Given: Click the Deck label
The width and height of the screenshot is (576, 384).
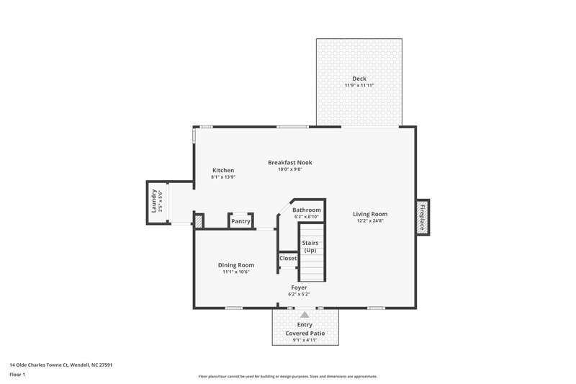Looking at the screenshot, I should tap(359, 79).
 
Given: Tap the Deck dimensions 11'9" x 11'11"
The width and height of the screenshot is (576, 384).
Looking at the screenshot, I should tap(359, 86).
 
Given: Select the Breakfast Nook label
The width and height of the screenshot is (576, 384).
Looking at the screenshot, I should tap(289, 162).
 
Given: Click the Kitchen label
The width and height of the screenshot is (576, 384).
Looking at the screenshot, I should tap(222, 170).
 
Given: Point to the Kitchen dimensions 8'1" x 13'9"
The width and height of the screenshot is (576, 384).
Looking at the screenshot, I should tap(222, 177).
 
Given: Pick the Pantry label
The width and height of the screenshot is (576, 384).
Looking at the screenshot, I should tap(240, 221).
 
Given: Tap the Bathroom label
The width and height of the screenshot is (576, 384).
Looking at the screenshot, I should tap(307, 210).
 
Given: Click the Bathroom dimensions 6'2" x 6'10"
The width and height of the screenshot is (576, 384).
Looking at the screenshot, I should tap(307, 217).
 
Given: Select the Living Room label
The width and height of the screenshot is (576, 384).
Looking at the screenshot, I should tap(370, 214).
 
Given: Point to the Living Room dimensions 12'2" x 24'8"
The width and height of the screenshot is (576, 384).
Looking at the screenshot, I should tap(370, 221).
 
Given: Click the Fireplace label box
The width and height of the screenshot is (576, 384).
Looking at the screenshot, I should tap(423, 216).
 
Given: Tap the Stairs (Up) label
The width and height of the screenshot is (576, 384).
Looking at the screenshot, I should tap(310, 246).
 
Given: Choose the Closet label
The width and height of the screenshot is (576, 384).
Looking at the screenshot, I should tap(288, 258).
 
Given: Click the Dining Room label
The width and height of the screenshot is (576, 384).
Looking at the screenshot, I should tap(236, 265).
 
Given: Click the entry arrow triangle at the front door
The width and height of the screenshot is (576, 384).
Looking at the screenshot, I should tap(305, 314).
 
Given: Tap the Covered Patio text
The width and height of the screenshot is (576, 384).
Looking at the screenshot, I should tap(305, 334).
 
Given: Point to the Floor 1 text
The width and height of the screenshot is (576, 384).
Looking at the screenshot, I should tap(17, 375).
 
